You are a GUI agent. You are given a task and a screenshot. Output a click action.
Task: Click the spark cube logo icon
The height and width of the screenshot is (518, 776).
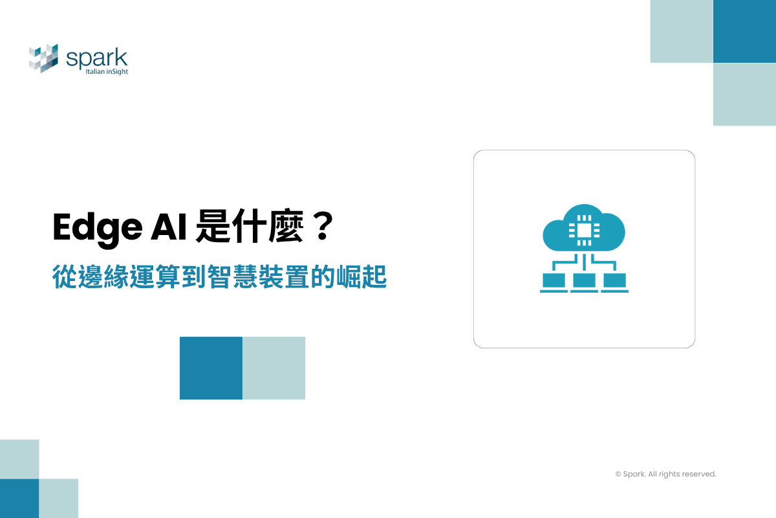(43, 58)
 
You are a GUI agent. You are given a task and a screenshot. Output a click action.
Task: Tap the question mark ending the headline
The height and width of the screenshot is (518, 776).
(318, 229)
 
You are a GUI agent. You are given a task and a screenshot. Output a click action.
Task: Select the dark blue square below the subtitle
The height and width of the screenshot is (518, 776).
(211, 368)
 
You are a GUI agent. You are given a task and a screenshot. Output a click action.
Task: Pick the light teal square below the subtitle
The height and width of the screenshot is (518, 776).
(274, 368)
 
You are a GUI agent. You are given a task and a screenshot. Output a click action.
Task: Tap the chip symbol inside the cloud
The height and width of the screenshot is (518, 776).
(583, 228)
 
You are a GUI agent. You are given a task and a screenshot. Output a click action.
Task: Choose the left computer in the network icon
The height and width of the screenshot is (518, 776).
(554, 282)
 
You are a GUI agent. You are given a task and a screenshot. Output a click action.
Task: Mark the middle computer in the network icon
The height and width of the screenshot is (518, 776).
(584, 282)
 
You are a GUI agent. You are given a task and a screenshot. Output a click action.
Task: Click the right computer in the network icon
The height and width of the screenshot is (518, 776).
(614, 282)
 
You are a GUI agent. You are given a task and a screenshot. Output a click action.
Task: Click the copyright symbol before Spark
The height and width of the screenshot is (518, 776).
(618, 475)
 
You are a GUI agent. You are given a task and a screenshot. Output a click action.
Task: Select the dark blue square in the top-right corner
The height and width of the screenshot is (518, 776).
(744, 31)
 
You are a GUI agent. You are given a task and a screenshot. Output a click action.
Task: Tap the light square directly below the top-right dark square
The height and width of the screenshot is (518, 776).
(744, 94)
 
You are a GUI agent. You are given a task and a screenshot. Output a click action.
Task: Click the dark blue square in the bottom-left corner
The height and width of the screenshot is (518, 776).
(19, 498)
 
